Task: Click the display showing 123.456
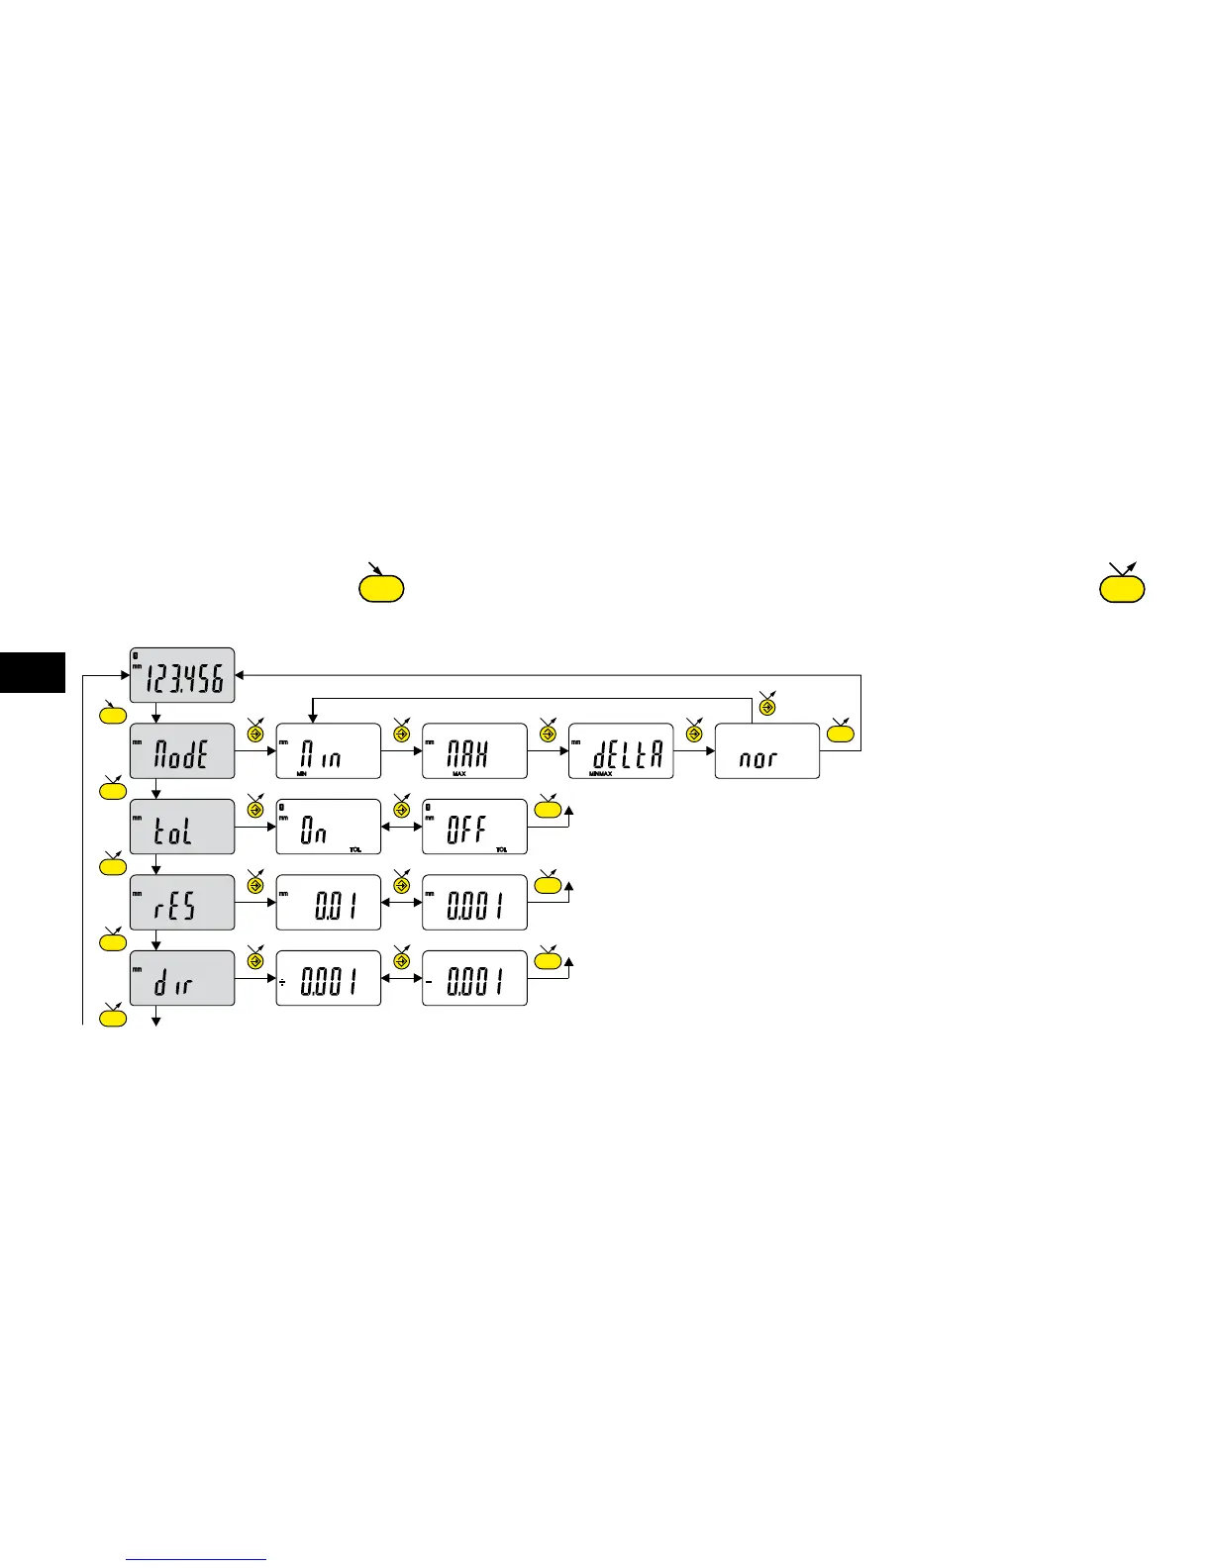pyautogui.click(x=182, y=675)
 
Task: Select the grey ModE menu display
pyautogui.click(x=182, y=751)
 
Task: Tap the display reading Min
pyautogui.click(x=328, y=751)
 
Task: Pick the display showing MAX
pyautogui.click(x=474, y=751)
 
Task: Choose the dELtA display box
pyautogui.click(x=621, y=751)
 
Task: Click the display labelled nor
pyautogui.click(x=766, y=751)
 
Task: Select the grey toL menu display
pyautogui.click(x=182, y=827)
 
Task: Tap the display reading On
pyautogui.click(x=328, y=827)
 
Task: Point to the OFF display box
pyautogui.click(x=474, y=827)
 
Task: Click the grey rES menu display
pyautogui.click(x=182, y=903)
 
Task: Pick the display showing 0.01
pyautogui.click(x=328, y=903)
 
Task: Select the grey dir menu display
pyautogui.click(x=182, y=978)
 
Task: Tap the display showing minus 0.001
pyautogui.click(x=474, y=978)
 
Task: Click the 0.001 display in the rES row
pyautogui.click(x=474, y=903)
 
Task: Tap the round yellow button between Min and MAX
pyautogui.click(x=401, y=735)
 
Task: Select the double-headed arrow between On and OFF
pyautogui.click(x=401, y=827)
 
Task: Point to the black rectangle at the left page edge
pyautogui.click(x=33, y=672)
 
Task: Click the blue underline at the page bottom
pyautogui.click(x=197, y=1560)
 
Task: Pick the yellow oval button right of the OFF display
pyautogui.click(x=548, y=810)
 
